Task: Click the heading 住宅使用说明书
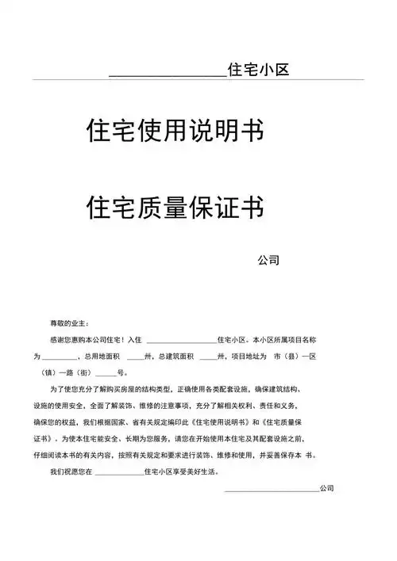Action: [x=175, y=131]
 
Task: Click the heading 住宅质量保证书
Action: [x=175, y=208]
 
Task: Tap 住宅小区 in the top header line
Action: [x=258, y=71]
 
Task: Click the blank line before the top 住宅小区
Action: [x=167, y=74]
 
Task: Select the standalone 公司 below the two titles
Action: [x=269, y=260]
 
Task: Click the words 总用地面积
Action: [x=102, y=357]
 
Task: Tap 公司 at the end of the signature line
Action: [x=326, y=489]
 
